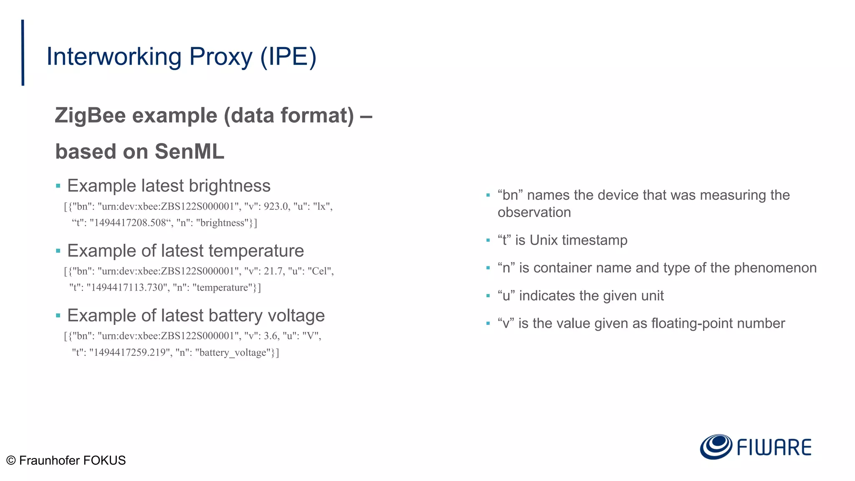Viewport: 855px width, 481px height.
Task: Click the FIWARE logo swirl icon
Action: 716,447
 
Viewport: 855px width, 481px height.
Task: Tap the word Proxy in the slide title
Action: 220,57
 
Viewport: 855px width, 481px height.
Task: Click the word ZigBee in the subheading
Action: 90,116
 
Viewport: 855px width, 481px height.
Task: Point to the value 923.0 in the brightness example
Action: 276,207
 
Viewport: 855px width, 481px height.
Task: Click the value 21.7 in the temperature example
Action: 273,271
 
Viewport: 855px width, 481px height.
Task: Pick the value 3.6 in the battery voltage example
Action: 271,336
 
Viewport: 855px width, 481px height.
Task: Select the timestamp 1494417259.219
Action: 128,353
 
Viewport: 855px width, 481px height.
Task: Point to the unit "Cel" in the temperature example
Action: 320,271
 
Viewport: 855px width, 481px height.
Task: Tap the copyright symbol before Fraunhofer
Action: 11,461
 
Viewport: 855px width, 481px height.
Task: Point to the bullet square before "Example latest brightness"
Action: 58,186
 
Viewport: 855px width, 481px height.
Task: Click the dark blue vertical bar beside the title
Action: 23,53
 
